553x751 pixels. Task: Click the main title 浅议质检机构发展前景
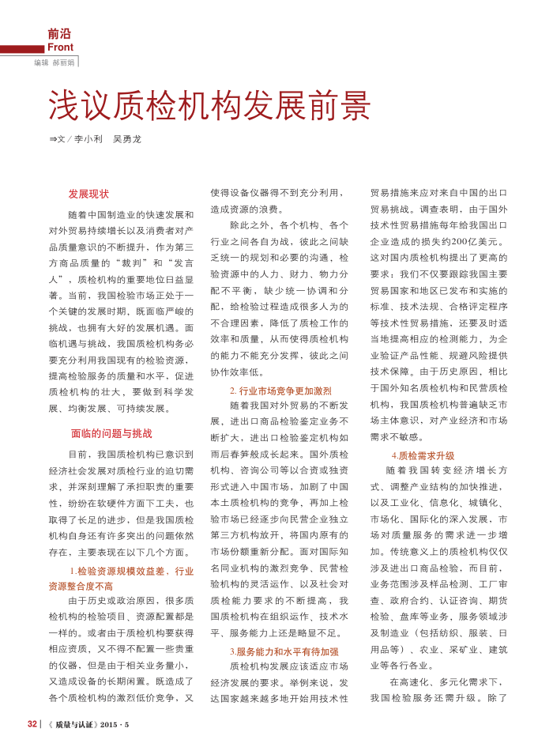(x=209, y=104)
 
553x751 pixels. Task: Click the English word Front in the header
(x=60, y=47)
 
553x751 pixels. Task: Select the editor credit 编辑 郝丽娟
(x=54, y=62)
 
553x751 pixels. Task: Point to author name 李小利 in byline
(x=88, y=138)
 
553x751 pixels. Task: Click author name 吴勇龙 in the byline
(x=126, y=138)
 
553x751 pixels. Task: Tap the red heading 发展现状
(x=88, y=194)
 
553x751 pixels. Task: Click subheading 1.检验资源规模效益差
(x=119, y=571)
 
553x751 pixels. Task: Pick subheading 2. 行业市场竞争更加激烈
(x=280, y=391)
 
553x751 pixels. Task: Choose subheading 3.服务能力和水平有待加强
(x=284, y=651)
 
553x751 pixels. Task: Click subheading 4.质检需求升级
(x=423, y=455)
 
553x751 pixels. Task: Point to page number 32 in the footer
(x=32, y=724)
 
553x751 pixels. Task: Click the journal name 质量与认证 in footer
(x=77, y=724)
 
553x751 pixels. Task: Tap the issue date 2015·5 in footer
(x=115, y=724)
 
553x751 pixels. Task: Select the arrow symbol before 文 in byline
(x=53, y=138)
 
